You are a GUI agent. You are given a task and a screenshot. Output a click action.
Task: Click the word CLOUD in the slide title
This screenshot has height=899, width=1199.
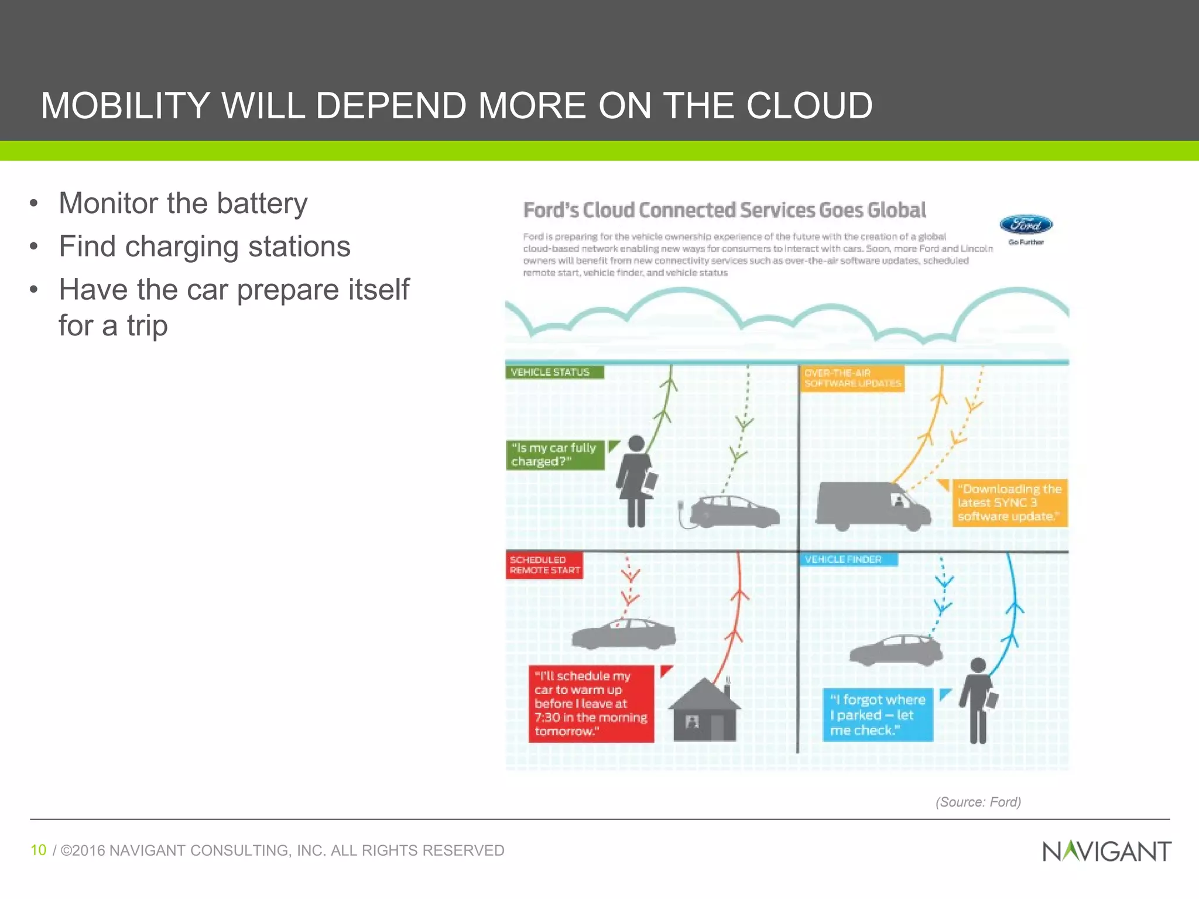[x=809, y=106]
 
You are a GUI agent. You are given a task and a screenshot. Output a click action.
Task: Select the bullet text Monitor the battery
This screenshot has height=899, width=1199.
[x=183, y=204]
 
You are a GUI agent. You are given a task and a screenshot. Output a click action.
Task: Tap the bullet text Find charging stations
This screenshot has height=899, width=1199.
[x=204, y=246]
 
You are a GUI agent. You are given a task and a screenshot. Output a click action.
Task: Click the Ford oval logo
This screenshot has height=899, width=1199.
[x=1026, y=225]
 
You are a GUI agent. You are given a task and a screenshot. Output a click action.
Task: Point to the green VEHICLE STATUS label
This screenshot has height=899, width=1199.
[x=554, y=372]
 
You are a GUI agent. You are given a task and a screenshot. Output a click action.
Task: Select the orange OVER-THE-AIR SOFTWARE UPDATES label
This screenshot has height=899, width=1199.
[x=852, y=378]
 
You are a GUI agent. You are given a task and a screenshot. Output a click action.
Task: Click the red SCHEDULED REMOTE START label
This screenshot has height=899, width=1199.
[x=544, y=565]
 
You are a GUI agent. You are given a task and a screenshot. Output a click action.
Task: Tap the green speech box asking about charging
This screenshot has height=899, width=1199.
[x=554, y=455]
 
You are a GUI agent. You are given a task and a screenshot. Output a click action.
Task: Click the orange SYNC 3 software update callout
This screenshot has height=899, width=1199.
[x=1009, y=503]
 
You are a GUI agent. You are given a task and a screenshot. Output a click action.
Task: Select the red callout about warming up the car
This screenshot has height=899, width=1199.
[x=591, y=704]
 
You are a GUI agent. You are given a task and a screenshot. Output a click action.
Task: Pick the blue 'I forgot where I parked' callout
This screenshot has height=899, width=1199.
[x=877, y=715]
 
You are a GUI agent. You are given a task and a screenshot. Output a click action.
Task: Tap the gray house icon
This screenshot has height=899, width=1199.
[x=704, y=712]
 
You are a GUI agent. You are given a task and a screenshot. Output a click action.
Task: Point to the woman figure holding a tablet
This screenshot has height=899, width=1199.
[x=636, y=481]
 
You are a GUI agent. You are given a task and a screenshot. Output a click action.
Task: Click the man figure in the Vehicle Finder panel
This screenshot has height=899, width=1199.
[x=978, y=700]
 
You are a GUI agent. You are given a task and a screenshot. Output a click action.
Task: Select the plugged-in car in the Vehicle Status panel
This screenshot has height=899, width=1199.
[x=732, y=511]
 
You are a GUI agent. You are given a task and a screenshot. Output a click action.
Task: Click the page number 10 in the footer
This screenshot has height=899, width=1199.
[x=38, y=850]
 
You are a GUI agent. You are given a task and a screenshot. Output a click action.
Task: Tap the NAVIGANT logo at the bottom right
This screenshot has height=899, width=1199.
[x=1106, y=851]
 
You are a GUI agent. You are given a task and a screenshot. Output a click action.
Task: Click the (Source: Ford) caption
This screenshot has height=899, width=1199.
[x=978, y=802]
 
